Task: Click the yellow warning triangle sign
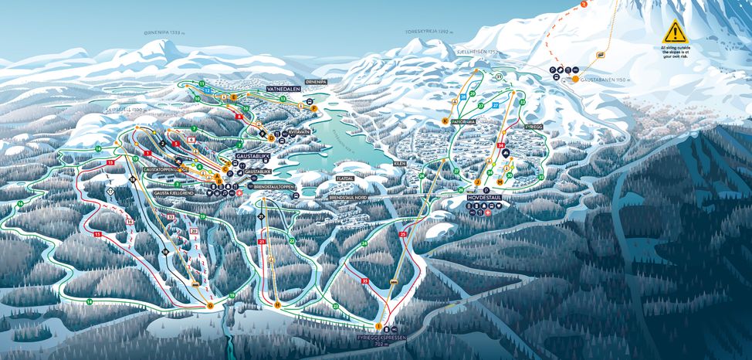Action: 674,32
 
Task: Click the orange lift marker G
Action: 209,305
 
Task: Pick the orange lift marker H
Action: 276,305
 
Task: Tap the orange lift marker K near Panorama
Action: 445,121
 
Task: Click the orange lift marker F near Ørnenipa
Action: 313,107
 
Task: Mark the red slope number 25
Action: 403,233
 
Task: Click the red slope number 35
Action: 364,281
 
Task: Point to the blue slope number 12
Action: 208,90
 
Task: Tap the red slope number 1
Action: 147,154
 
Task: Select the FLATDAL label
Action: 344,178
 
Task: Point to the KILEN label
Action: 399,164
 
